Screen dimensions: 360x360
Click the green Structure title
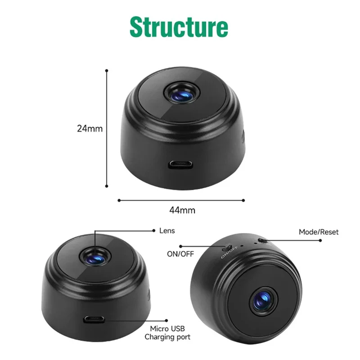click(x=179, y=27)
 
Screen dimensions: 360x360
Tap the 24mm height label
click(x=90, y=128)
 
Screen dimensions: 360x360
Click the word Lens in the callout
click(x=167, y=231)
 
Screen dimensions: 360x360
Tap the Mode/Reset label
click(x=319, y=232)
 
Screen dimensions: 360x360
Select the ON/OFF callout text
click(x=180, y=254)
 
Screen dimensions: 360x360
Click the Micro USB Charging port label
click(x=167, y=333)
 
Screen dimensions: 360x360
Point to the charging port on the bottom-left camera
click(x=95, y=320)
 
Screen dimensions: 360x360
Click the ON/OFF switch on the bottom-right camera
click(x=228, y=247)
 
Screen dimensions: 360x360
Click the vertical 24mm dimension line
click(x=107, y=128)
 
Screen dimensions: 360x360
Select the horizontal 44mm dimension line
click(x=181, y=200)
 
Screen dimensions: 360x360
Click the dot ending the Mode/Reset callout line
click(x=321, y=240)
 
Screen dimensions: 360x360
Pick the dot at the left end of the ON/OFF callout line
click(x=180, y=246)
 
